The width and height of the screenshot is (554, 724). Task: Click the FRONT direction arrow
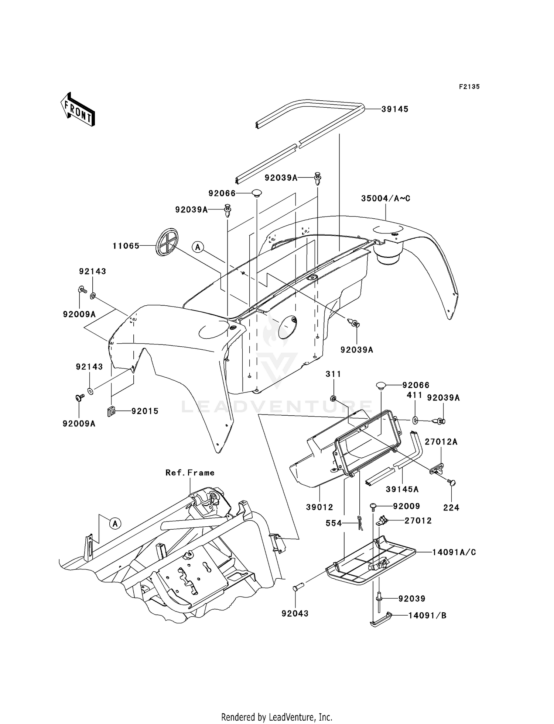coord(78,110)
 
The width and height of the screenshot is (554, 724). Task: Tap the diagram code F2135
coord(469,87)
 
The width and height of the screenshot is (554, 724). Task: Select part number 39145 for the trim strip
coord(395,109)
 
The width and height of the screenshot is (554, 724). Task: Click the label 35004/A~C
coord(386,198)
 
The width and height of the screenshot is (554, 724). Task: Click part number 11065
coord(126,246)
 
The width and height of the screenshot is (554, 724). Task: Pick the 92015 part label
coord(145,411)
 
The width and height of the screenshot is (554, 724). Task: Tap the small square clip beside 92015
coord(111,411)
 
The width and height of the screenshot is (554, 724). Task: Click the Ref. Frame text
coord(190,472)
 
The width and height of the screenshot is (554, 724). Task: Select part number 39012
coord(319,507)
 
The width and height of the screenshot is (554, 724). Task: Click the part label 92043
coord(295,613)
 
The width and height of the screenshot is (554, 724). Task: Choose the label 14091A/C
coord(454,552)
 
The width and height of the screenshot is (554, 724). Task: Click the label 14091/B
coord(427,615)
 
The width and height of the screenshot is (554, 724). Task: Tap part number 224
coord(451,508)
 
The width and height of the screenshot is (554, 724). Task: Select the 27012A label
coord(441,442)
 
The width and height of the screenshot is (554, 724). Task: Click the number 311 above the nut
coord(333,374)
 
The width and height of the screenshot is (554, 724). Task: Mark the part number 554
coord(334,523)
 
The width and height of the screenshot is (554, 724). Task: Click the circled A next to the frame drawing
coord(115,523)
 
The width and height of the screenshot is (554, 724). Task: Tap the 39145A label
coord(402,489)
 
